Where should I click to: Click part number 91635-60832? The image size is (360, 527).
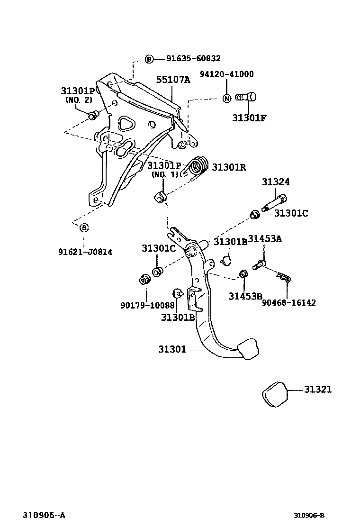point(193,59)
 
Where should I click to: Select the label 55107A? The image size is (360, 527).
point(173,80)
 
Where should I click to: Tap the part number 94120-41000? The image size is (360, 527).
point(226,74)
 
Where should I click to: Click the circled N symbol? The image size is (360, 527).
point(227,98)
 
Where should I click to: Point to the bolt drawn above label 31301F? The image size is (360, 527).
point(245,98)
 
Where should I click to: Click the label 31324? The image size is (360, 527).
point(276,182)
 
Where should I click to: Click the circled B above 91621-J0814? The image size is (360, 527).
point(83,228)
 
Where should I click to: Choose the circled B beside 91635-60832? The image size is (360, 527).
point(149,59)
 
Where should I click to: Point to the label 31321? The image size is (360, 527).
point(318,390)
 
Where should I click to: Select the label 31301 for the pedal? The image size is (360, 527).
point(172,350)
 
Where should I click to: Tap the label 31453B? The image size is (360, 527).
point(245,296)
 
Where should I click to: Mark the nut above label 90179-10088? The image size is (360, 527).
point(144,280)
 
